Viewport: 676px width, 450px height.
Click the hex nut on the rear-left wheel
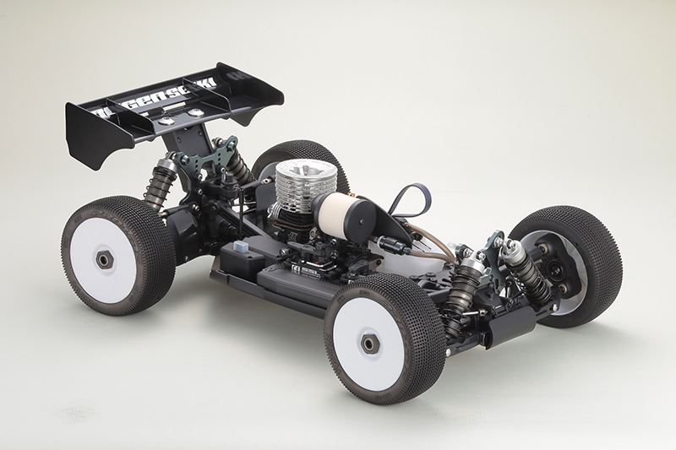[105, 260]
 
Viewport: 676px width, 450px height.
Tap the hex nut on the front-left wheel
[369, 342]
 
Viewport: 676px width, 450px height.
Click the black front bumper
[507, 326]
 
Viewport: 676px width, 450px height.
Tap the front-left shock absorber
[465, 283]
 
